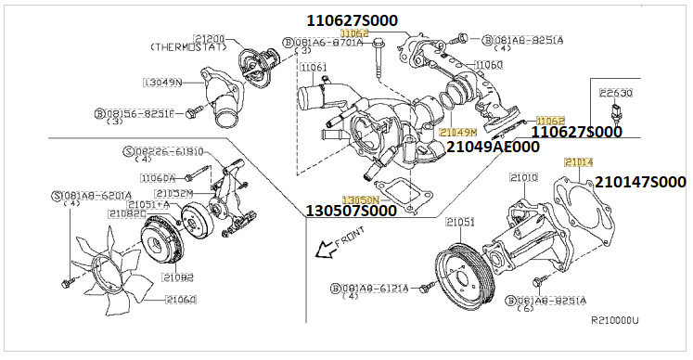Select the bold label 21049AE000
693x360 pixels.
(x=492, y=147)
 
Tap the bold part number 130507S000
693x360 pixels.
(x=351, y=212)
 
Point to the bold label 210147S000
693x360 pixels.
(x=640, y=182)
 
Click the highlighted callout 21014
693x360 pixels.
(x=578, y=162)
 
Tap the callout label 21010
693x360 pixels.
(x=524, y=176)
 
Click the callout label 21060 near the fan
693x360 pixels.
(x=182, y=299)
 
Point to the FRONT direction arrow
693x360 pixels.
(x=325, y=248)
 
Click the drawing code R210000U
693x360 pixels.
(x=615, y=320)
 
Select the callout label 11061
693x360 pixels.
(x=314, y=68)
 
